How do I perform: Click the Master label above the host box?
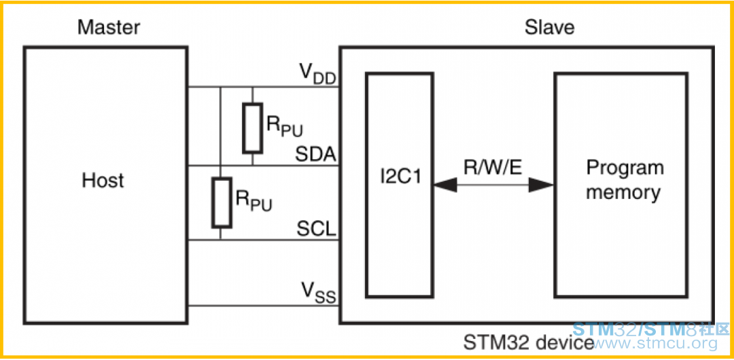pos(109,28)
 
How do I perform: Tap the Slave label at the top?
pos(549,28)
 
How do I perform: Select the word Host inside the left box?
pos(103,180)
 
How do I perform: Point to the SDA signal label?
pos(317,154)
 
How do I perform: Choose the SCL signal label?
pos(317,229)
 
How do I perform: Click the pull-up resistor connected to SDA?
pos(253,128)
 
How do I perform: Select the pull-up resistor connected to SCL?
pos(221,202)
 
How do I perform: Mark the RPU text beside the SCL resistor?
pos(254,200)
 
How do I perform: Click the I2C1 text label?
pos(400,180)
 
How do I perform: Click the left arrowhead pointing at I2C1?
pos(444,185)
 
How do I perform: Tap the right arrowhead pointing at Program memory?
pos(542,185)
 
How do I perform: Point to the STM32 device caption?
pos(528,342)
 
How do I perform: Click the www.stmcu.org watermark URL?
pos(656,344)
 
